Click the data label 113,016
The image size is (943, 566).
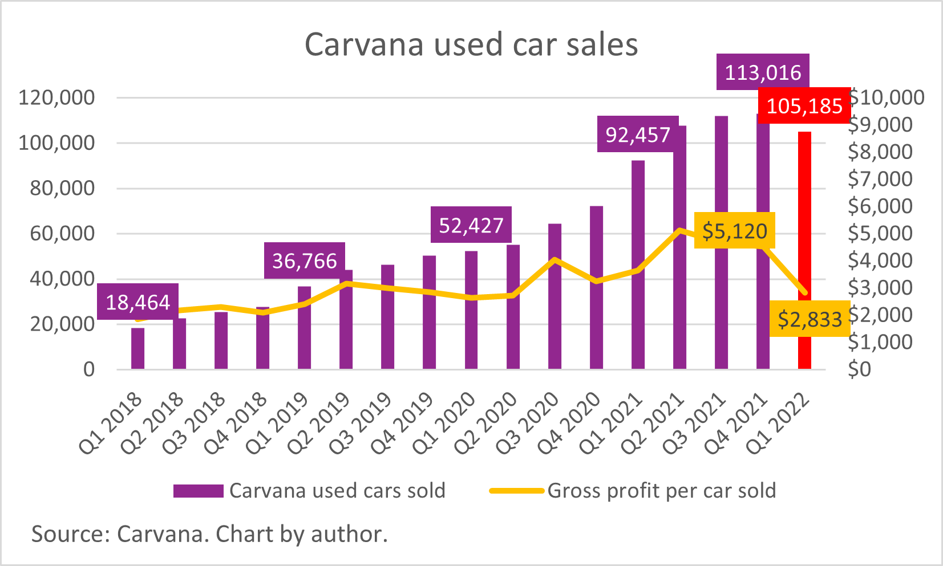(763, 72)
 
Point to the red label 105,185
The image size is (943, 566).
(804, 106)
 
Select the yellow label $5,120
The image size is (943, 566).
(734, 231)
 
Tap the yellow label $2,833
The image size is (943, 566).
(810, 319)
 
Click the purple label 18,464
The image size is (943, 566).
(137, 302)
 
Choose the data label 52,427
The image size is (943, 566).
(471, 226)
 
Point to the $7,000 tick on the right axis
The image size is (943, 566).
(880, 179)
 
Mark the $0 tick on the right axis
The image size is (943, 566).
(860, 369)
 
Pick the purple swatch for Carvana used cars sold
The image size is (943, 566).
(198, 491)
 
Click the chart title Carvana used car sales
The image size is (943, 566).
(471, 44)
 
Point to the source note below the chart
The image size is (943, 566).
(209, 534)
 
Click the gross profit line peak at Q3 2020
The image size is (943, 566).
(555, 260)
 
